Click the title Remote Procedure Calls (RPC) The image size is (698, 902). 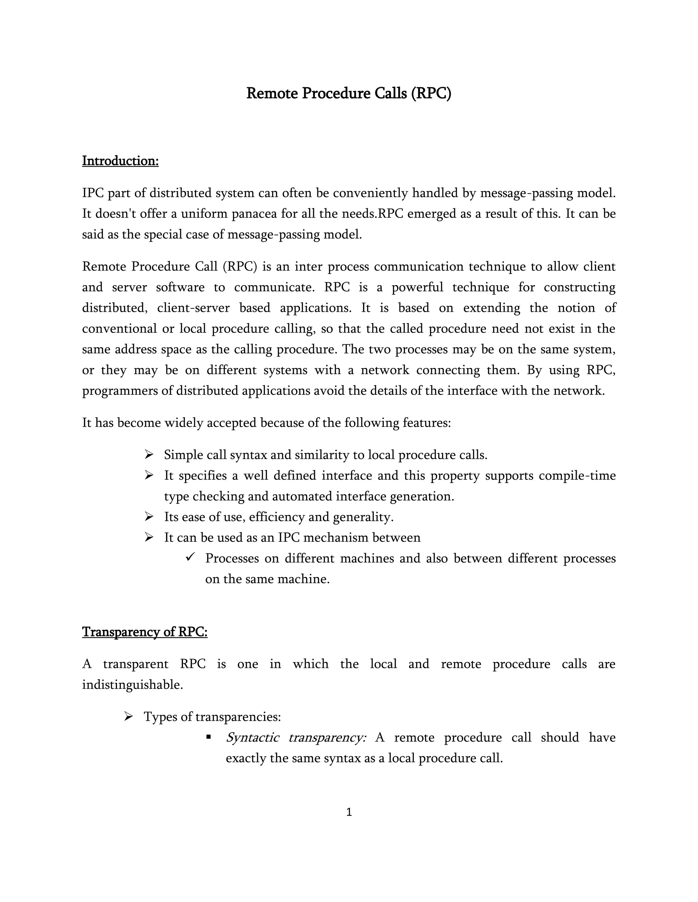[349, 93]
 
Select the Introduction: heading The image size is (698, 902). [120, 161]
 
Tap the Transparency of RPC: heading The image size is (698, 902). [145, 631]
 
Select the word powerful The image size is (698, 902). [417, 287]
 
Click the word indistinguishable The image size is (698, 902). [132, 685]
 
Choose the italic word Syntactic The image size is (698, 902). [252, 737]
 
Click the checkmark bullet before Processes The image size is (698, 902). [190, 557]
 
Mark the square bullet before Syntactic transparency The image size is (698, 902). [208, 737]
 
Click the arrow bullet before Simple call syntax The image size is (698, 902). [149, 455]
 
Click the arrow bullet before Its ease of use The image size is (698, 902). [149, 517]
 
